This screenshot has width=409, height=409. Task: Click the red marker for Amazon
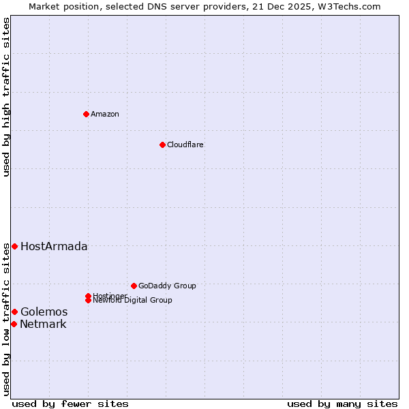point(86,114)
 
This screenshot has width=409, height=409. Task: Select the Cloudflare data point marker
point(162,145)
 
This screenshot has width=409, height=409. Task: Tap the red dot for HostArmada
point(14,246)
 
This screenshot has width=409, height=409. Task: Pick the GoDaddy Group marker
point(134,286)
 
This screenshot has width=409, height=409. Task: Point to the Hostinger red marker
point(88,296)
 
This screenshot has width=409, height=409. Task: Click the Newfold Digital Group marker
point(89,300)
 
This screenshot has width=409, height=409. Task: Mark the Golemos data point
point(14,312)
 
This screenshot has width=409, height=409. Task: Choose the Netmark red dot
point(14,324)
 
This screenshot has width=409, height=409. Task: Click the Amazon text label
point(104,114)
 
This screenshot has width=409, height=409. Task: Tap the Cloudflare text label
point(185,145)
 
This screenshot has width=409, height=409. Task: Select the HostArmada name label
point(54,246)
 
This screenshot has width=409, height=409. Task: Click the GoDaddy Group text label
point(167,286)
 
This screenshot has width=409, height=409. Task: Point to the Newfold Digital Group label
point(132,301)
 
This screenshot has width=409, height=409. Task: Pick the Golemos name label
point(44,312)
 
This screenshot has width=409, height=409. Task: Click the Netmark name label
point(43,324)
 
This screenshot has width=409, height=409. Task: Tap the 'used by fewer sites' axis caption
point(70,404)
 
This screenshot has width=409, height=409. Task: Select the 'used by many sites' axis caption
point(342,404)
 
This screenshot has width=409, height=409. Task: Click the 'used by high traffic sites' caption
point(6,97)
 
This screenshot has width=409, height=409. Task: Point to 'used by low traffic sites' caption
point(6,319)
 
